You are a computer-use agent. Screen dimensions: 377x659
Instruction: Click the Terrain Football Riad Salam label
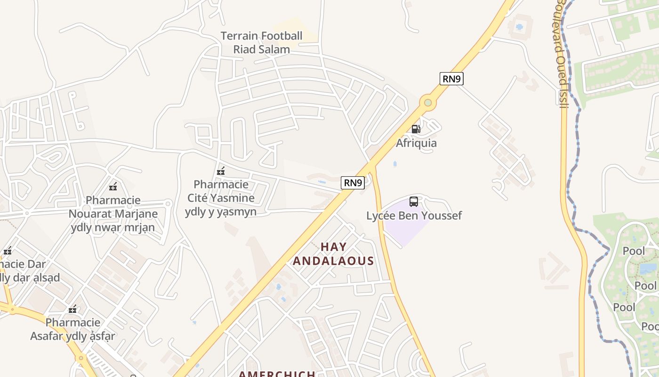tap(261, 42)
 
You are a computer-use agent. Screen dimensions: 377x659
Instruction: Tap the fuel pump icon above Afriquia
tap(416, 129)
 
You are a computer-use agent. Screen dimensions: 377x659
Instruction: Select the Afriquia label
tap(416, 143)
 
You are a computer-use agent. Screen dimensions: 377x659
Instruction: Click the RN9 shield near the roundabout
tap(451, 79)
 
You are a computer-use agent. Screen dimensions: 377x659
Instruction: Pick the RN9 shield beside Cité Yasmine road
tap(353, 183)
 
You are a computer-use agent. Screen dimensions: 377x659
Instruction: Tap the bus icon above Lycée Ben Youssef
tap(414, 202)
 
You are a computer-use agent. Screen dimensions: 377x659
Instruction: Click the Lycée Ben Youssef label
tap(414, 216)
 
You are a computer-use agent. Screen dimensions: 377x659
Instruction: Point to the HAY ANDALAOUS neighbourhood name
tap(333, 254)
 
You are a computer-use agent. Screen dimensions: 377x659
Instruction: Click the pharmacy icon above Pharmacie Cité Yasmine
tap(220, 171)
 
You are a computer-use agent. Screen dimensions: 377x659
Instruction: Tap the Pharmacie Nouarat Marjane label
tap(113, 214)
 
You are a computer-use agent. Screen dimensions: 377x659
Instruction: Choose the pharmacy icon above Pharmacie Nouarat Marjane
tap(113, 187)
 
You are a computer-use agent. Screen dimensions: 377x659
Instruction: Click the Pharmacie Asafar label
tap(73, 329)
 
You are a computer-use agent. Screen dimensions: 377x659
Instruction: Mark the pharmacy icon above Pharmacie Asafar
tap(72, 310)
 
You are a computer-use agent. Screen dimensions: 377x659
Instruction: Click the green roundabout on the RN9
tap(427, 102)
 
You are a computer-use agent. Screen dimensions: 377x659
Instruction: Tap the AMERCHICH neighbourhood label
tap(277, 374)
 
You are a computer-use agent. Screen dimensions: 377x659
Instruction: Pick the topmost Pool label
tap(634, 251)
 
